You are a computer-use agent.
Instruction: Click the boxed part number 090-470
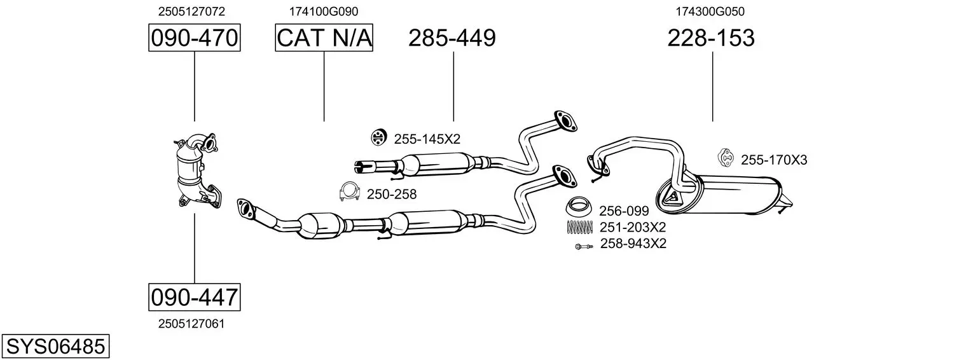(x=194, y=38)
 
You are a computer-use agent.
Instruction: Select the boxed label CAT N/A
(x=324, y=38)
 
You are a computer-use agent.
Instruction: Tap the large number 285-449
(x=452, y=38)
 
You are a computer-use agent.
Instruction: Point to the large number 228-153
(x=711, y=38)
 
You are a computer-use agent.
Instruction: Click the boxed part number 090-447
(x=194, y=298)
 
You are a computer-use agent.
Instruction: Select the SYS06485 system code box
(x=55, y=347)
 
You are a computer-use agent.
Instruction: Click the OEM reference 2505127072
(x=191, y=11)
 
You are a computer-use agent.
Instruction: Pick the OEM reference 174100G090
(x=324, y=11)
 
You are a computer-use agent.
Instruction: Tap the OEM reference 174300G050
(x=710, y=11)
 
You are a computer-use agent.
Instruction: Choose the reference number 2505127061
(x=191, y=324)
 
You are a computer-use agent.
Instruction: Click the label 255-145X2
(x=427, y=139)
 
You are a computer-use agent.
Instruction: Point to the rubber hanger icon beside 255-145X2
(x=379, y=137)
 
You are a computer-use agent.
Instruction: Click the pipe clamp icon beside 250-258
(x=349, y=192)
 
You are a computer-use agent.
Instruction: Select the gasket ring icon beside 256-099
(x=579, y=206)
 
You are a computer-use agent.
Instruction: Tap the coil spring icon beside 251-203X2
(x=579, y=227)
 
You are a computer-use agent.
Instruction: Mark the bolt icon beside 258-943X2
(x=583, y=247)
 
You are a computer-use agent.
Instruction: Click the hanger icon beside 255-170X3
(x=726, y=157)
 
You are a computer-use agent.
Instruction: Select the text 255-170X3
(x=774, y=160)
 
